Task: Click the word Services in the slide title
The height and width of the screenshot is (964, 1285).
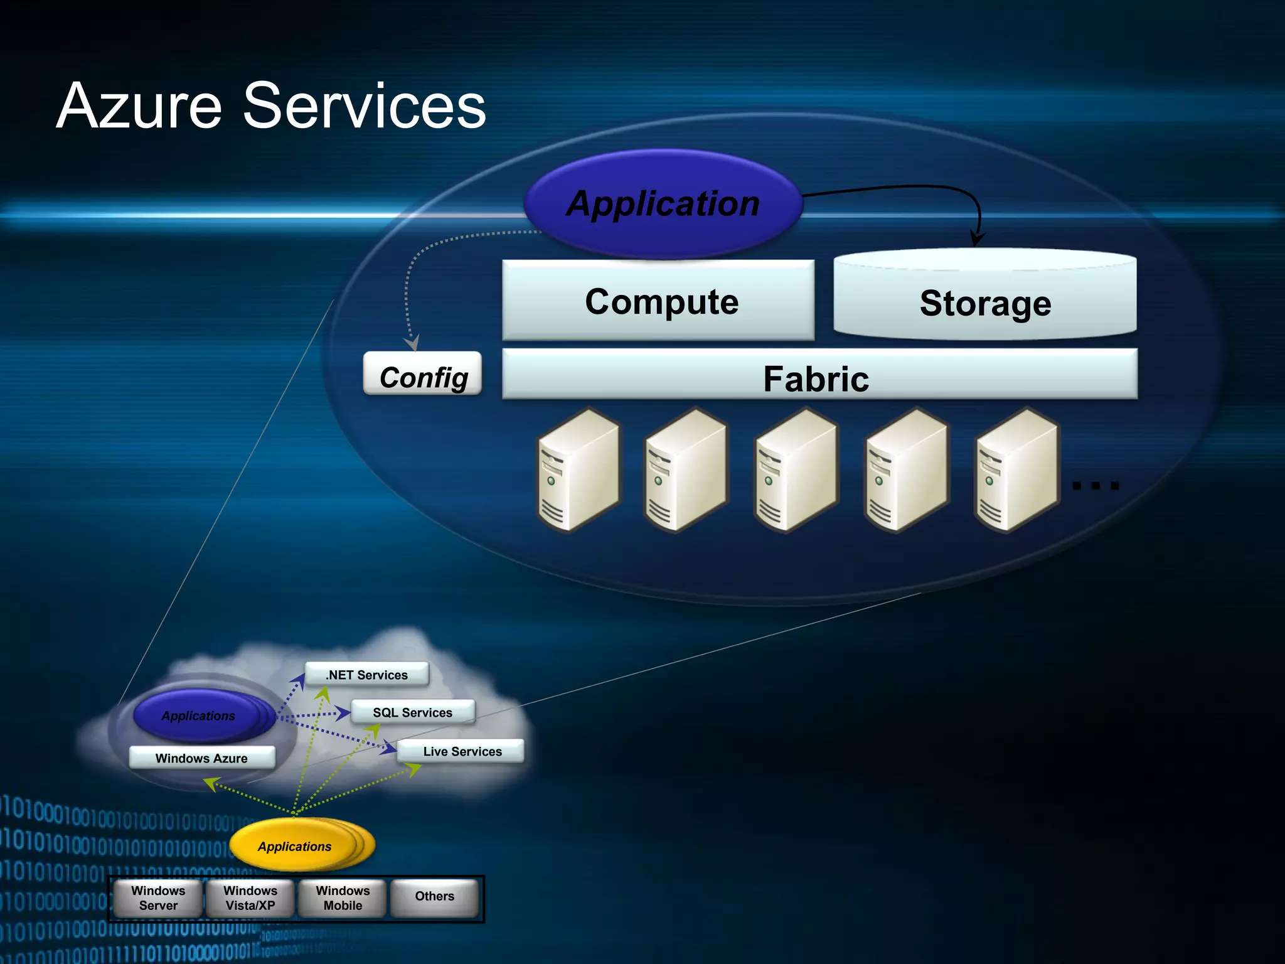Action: click(x=364, y=107)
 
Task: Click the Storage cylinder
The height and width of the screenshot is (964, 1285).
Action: click(x=985, y=301)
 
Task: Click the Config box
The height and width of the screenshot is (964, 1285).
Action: click(x=423, y=375)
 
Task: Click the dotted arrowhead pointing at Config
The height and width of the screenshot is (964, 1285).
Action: click(x=412, y=343)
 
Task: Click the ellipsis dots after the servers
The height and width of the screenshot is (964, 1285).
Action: click(x=1096, y=485)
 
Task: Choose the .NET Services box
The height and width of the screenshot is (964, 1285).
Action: click(x=367, y=675)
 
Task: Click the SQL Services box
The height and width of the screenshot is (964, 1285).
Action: click(x=413, y=712)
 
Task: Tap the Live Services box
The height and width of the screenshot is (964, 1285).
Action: click(x=461, y=751)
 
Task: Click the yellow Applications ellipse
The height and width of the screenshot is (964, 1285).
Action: click(x=295, y=846)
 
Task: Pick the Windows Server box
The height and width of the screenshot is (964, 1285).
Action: click(x=158, y=898)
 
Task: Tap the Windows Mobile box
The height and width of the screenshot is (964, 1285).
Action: click(x=343, y=898)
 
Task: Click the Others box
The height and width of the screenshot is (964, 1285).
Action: click(x=434, y=897)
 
